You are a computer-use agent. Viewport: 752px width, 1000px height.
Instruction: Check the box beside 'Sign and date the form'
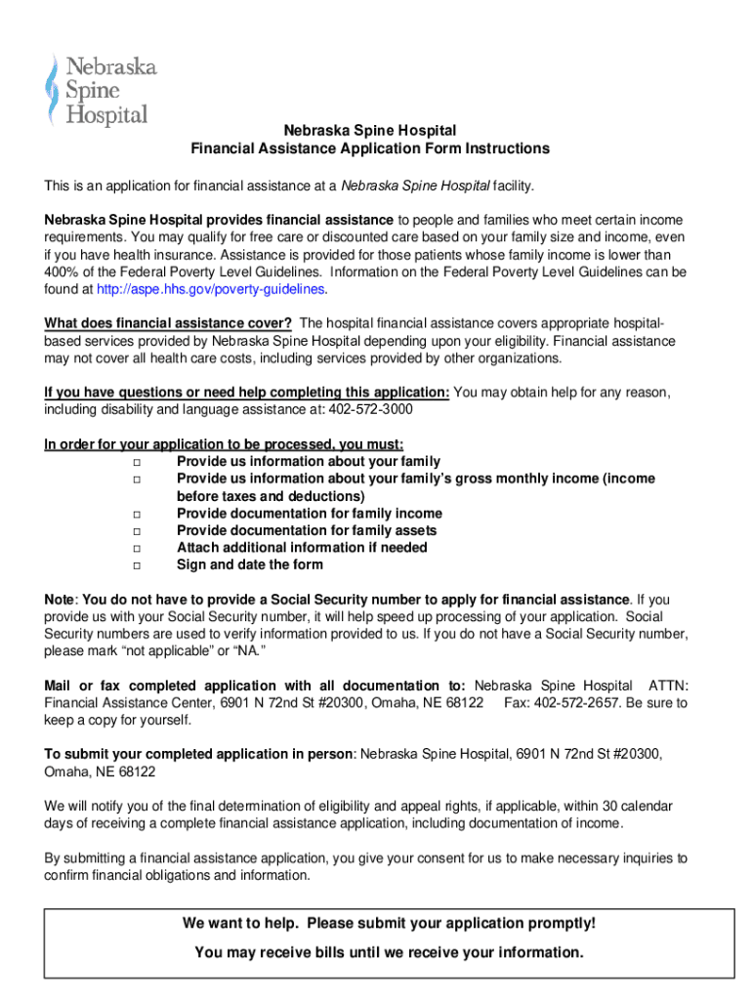(x=137, y=565)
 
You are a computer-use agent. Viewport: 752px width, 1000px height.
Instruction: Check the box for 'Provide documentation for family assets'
(x=137, y=531)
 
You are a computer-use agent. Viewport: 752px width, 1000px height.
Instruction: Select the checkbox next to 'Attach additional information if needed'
(x=137, y=548)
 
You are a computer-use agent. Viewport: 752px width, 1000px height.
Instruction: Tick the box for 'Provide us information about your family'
(x=137, y=462)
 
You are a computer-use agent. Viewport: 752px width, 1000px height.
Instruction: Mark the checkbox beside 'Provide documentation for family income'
(x=137, y=514)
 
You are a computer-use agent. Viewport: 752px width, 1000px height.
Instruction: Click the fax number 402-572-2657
(x=575, y=703)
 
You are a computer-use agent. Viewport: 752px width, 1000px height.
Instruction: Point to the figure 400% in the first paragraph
(x=62, y=271)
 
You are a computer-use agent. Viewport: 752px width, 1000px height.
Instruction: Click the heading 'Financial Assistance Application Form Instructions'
(x=370, y=148)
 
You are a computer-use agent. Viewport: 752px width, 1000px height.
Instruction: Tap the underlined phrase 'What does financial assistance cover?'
(x=168, y=323)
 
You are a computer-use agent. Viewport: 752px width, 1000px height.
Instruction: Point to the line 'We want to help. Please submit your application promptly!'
(x=389, y=924)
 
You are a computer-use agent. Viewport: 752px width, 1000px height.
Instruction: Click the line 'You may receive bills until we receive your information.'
(x=389, y=952)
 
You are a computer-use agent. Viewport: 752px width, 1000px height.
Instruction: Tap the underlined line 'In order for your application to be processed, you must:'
(x=224, y=444)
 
